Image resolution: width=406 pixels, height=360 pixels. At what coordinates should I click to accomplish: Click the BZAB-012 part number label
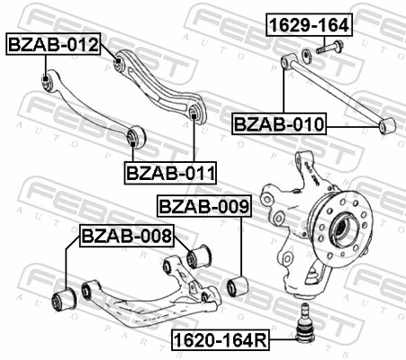point(53,43)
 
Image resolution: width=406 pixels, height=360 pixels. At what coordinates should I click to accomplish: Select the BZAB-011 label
point(164,172)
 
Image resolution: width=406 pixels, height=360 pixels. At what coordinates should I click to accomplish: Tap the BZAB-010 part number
point(279,123)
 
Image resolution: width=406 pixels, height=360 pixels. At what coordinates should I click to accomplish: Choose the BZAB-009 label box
point(203,207)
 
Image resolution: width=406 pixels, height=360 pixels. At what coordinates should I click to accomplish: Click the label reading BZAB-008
point(126,237)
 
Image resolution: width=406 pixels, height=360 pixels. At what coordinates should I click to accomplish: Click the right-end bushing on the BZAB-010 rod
point(387,125)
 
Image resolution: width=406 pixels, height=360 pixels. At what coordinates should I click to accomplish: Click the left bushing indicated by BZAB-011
point(135,135)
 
